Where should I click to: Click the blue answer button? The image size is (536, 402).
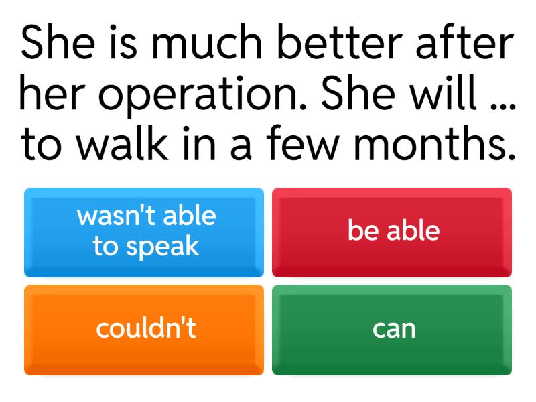(x=144, y=232)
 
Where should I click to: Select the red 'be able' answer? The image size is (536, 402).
(x=392, y=232)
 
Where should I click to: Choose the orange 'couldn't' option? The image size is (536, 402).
(x=144, y=330)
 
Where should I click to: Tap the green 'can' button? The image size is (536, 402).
(x=392, y=330)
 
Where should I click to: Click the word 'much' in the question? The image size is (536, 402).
(x=207, y=42)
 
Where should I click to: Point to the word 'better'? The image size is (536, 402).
(x=339, y=42)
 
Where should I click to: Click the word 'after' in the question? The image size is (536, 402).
(x=464, y=42)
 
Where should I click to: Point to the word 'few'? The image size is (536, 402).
(x=303, y=143)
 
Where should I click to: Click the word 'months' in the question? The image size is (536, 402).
(x=434, y=143)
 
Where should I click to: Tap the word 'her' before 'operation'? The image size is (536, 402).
(x=52, y=92)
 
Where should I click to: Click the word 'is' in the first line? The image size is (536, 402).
(x=123, y=42)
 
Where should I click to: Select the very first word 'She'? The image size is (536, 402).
(x=58, y=42)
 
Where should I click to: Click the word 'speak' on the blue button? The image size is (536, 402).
(x=163, y=247)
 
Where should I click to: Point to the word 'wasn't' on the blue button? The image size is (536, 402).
(x=117, y=216)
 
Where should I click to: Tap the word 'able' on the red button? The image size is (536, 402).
(x=413, y=230)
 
